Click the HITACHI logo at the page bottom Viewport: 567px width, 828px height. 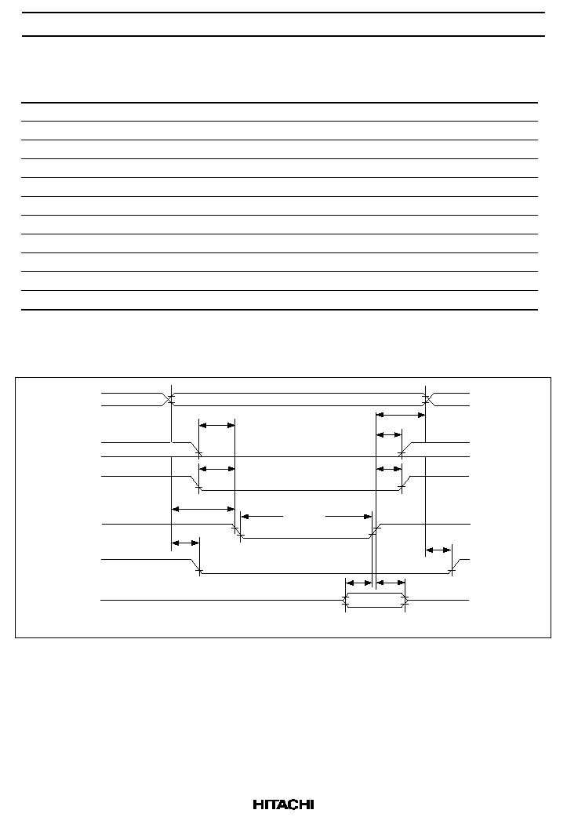point(283,804)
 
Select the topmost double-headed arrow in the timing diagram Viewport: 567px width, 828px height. point(400,415)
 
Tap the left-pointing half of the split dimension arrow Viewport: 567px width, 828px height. point(262,516)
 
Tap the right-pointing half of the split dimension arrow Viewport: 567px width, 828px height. point(349,516)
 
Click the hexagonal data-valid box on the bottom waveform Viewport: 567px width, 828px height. point(375,601)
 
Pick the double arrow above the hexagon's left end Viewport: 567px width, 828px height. point(358,583)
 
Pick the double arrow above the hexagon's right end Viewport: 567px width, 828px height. point(390,583)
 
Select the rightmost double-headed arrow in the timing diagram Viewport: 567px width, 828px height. point(438,550)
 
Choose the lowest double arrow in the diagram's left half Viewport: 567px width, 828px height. point(185,543)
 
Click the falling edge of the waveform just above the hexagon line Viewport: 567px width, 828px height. point(195,565)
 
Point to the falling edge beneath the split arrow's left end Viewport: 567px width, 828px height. point(237,531)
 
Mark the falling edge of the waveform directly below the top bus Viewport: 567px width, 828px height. point(195,448)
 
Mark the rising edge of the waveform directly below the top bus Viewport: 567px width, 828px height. point(405,448)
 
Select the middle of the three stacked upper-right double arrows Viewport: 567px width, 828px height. point(388,434)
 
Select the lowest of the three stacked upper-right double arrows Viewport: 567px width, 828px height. point(388,469)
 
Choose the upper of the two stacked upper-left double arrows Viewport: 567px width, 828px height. point(216,424)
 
